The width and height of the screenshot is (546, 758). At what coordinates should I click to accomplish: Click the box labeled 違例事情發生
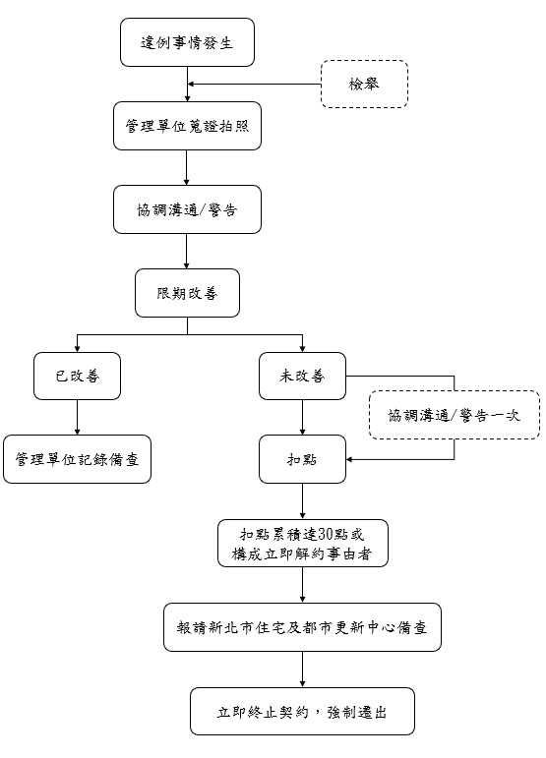tap(187, 42)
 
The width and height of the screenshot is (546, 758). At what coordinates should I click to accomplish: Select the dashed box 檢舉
tap(365, 85)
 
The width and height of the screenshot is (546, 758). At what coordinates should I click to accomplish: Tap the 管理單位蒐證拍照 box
tap(187, 126)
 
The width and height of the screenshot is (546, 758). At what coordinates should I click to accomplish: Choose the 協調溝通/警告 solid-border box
tap(187, 209)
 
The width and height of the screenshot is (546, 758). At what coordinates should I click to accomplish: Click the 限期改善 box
tap(187, 293)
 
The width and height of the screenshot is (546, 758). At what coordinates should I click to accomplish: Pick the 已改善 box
tap(77, 377)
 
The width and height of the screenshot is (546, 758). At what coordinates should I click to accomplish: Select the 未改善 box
tap(302, 377)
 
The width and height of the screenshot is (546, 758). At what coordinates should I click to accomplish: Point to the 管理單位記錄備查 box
tap(77, 459)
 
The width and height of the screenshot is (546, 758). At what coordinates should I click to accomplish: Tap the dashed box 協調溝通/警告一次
tap(455, 415)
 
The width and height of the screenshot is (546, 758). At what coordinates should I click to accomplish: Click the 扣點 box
tap(302, 459)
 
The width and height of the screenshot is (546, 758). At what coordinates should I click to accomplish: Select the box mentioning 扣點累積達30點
tap(303, 544)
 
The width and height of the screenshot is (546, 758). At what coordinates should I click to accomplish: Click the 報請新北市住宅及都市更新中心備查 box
tap(302, 627)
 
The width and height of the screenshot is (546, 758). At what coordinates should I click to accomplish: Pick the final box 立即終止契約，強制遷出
tap(302, 712)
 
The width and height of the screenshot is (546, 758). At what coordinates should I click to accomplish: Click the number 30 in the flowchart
tap(326, 534)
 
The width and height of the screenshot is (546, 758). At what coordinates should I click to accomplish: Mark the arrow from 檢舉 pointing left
tap(255, 85)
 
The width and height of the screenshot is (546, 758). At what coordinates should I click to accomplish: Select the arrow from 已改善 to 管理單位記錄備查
tap(77, 418)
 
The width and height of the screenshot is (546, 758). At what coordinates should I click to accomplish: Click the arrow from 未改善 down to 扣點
tap(302, 418)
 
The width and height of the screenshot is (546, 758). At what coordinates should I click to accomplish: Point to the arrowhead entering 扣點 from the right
tap(349, 459)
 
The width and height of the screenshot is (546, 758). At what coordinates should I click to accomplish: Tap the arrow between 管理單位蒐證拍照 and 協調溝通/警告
tap(187, 168)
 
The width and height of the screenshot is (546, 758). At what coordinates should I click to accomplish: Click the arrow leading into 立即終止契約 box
tap(302, 670)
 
